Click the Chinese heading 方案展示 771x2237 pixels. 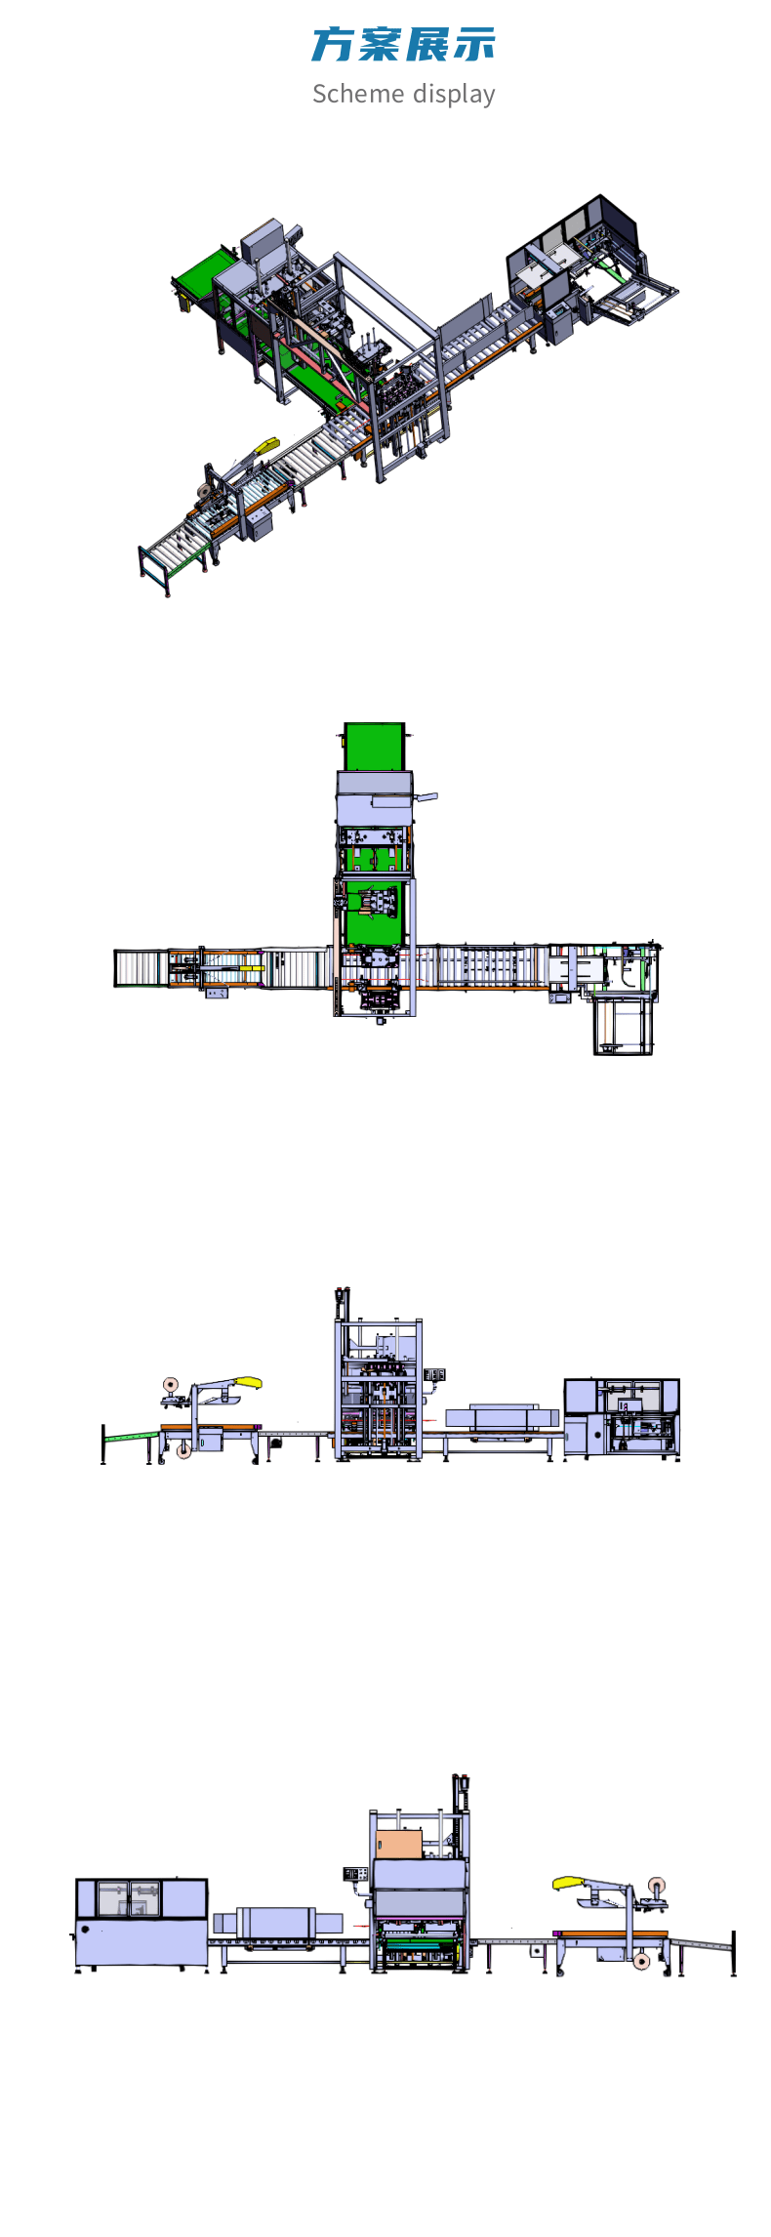tap(403, 45)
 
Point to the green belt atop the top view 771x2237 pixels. tap(375, 747)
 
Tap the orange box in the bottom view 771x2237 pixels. tap(398, 1844)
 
